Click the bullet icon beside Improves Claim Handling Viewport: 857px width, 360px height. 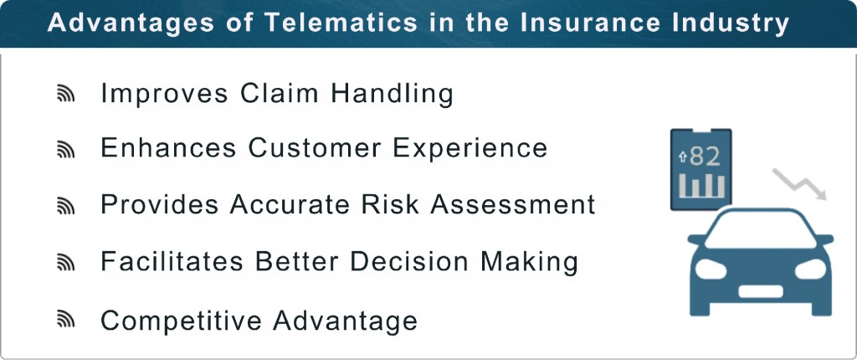click(66, 95)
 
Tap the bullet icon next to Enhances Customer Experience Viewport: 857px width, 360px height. click(66, 150)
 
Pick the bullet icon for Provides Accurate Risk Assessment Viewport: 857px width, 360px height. click(66, 206)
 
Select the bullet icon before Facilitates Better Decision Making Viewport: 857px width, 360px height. click(66, 263)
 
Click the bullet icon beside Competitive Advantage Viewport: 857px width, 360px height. click(66, 321)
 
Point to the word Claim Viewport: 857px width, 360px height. click(278, 93)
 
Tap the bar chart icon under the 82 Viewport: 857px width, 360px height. click(701, 187)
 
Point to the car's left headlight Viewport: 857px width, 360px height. click(711, 270)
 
